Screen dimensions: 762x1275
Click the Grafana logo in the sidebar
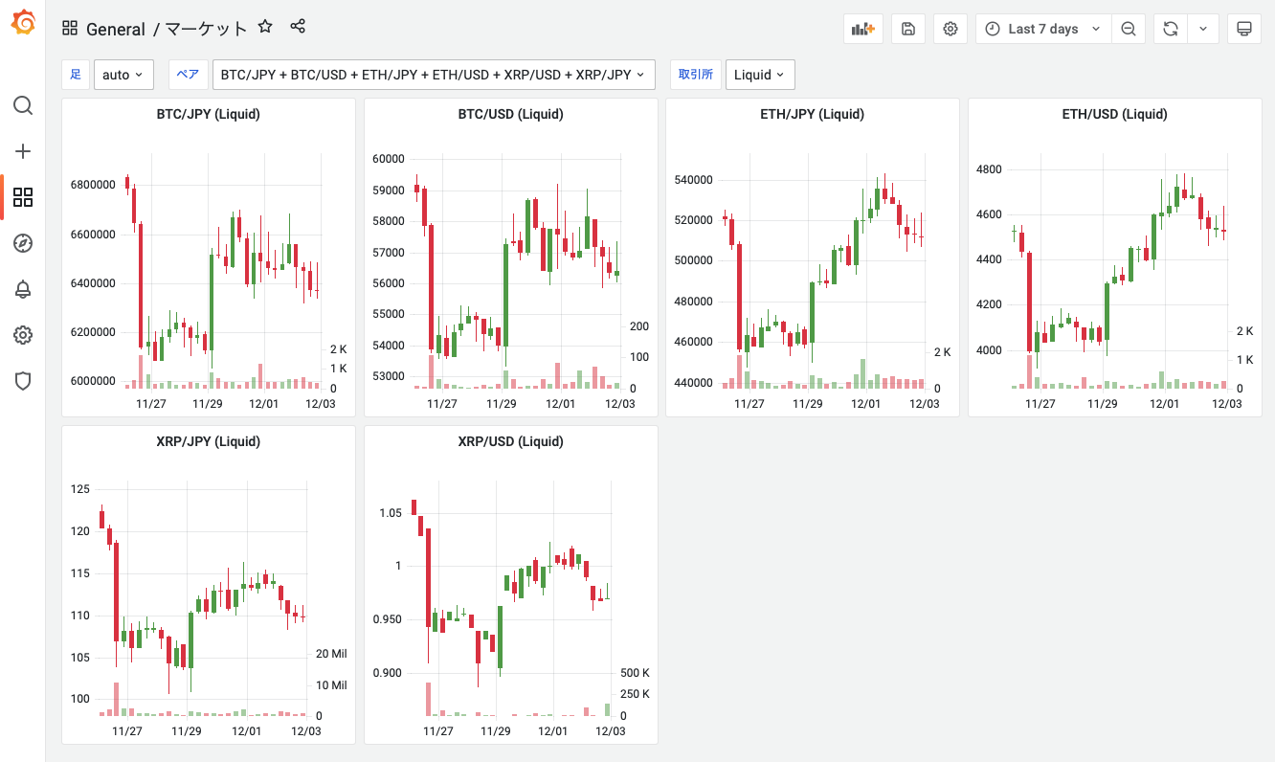point(23,23)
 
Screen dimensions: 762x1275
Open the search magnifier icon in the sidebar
point(23,105)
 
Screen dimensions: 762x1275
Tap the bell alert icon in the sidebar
point(23,289)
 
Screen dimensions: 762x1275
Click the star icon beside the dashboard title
point(266,28)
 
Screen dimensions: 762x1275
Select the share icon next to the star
point(298,27)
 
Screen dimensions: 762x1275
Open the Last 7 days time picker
point(1042,29)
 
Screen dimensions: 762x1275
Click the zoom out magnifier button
point(1129,29)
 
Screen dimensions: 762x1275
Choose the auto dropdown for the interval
point(123,75)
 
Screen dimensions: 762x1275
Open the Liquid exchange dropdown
point(759,75)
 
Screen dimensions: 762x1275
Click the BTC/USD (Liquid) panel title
point(510,114)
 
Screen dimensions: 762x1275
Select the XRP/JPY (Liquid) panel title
point(208,441)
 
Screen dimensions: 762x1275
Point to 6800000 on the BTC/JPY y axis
point(93,185)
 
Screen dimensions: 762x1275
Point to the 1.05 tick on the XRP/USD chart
point(391,513)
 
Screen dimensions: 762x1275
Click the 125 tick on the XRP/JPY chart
point(80,489)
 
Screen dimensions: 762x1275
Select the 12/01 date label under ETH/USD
point(1163,404)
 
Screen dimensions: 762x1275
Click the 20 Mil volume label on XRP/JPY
point(331,654)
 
